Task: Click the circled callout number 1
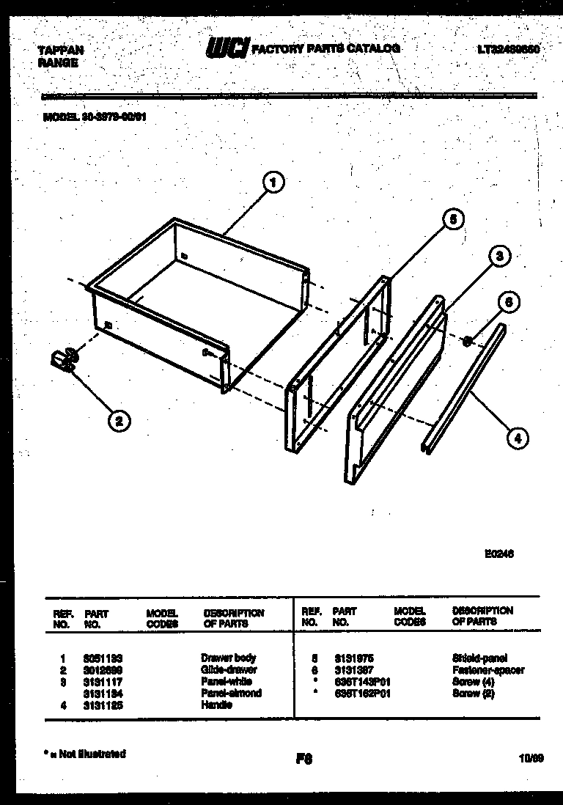(273, 183)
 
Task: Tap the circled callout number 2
(119, 420)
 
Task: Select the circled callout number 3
(499, 256)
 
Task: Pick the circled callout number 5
(453, 218)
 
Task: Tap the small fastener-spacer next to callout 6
(466, 319)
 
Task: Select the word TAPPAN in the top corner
(60, 51)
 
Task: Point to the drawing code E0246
(499, 554)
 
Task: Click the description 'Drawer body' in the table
(228, 658)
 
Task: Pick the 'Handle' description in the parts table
(216, 705)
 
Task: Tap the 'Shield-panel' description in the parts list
(479, 658)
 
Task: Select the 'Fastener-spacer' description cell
(488, 669)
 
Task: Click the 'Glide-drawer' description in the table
(229, 669)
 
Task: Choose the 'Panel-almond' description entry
(231, 693)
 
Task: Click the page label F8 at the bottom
(303, 760)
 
